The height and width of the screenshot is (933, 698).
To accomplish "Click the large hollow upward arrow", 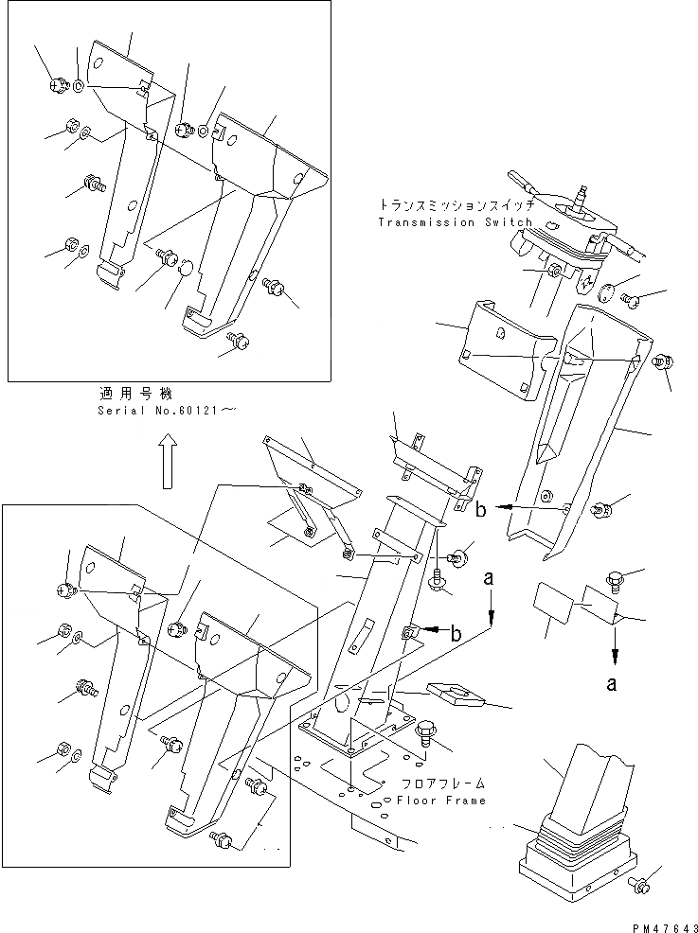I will [167, 462].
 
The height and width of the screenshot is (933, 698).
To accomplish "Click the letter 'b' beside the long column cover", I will [482, 510].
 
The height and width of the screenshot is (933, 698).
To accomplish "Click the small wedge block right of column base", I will [456, 695].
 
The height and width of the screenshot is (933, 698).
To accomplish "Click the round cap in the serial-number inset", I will [185, 269].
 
